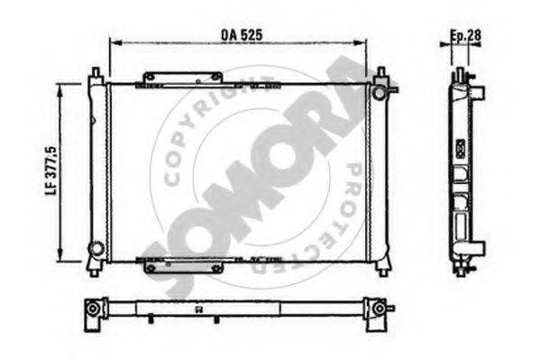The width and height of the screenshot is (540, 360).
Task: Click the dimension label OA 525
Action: (242, 34)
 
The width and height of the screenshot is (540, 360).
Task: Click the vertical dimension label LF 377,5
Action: (51, 170)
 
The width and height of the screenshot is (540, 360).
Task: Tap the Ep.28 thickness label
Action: (465, 35)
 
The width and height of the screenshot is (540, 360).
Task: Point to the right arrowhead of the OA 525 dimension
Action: (360, 42)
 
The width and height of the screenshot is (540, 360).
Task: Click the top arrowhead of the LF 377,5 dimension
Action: (60, 89)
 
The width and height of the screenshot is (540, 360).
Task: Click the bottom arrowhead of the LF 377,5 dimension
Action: (60, 255)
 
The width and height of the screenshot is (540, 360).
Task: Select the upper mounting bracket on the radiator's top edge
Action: (183, 78)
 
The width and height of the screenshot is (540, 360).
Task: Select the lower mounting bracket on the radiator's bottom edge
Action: (183, 267)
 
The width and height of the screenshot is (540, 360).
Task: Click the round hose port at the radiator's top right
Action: (379, 92)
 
